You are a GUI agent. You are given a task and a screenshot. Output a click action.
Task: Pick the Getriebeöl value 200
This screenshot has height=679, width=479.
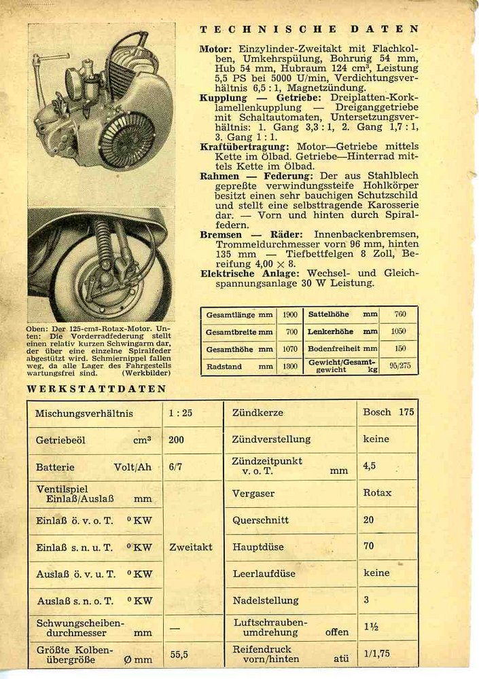coord(176,439)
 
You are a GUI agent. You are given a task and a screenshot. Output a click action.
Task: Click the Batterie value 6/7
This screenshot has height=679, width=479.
coord(175,467)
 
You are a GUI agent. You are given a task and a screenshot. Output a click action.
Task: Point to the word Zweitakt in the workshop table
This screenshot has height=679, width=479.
coord(191,547)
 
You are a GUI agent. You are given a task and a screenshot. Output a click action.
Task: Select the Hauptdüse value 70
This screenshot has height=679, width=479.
coord(369,547)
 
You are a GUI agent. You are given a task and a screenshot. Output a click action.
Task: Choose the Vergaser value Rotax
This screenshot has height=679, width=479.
coord(378,493)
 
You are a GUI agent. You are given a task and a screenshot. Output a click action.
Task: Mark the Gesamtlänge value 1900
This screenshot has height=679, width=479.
coord(290,315)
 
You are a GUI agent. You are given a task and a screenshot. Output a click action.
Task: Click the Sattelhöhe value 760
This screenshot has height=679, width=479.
coord(400,314)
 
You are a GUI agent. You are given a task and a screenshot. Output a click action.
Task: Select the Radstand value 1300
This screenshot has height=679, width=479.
coord(290,367)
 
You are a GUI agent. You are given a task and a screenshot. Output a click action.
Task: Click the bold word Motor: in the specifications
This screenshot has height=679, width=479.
coord(215,50)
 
